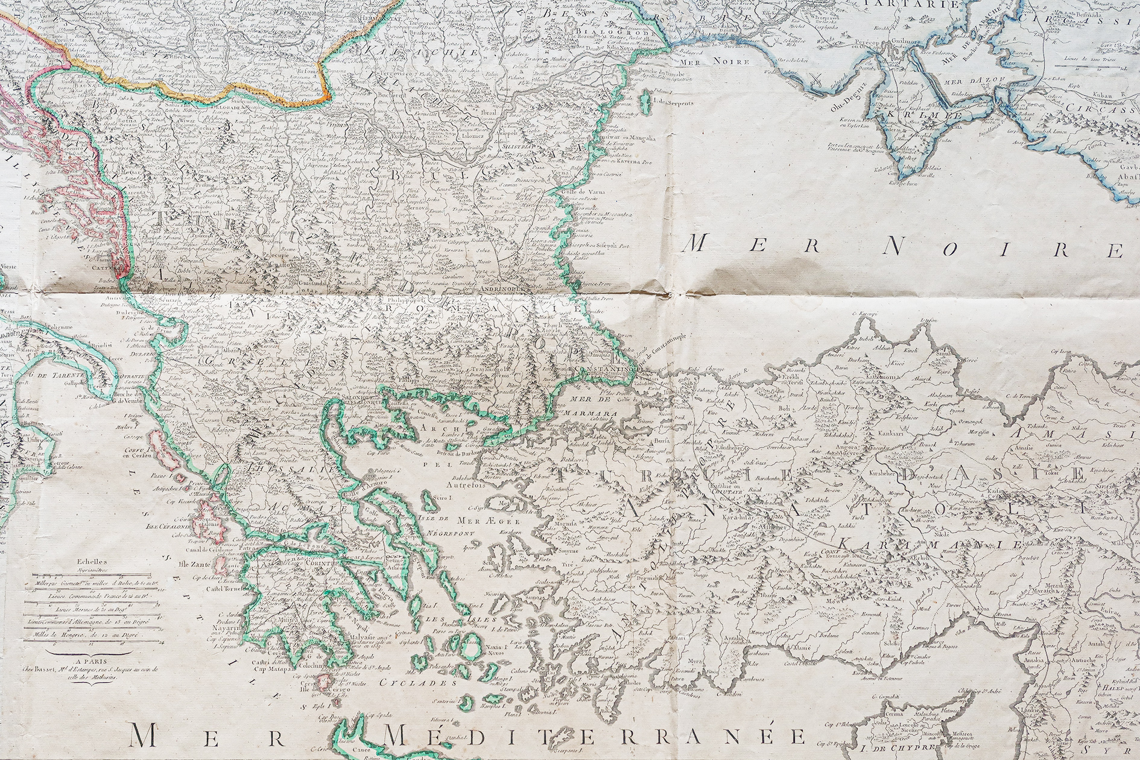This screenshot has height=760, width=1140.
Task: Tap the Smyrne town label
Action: [568, 550]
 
